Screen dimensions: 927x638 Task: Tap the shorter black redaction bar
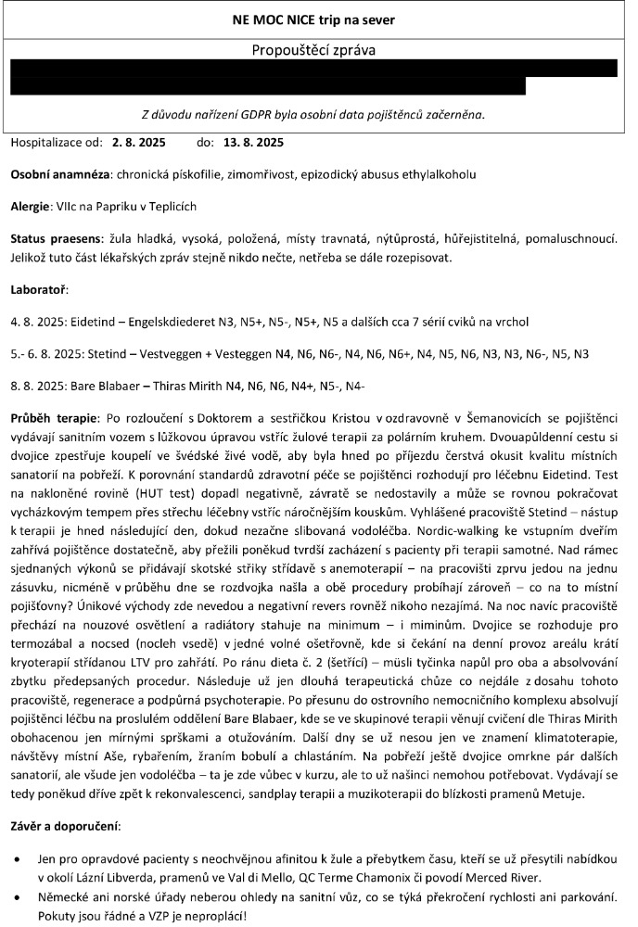(x=268, y=86)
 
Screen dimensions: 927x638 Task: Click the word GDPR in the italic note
(x=275, y=115)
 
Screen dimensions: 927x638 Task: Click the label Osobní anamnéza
(x=58, y=175)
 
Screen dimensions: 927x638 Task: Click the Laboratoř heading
(x=38, y=290)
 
